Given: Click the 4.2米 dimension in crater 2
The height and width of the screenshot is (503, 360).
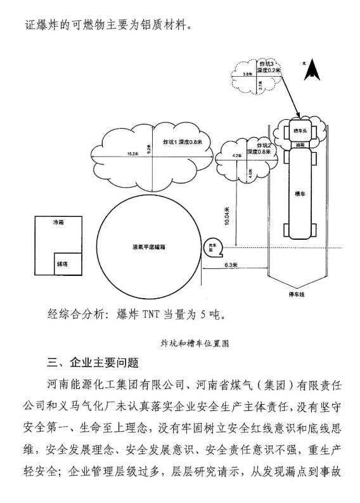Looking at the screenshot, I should click(x=236, y=155).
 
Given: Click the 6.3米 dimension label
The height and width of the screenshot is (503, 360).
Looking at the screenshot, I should click(x=232, y=264).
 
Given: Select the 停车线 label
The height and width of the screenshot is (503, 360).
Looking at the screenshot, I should click(x=296, y=295).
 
